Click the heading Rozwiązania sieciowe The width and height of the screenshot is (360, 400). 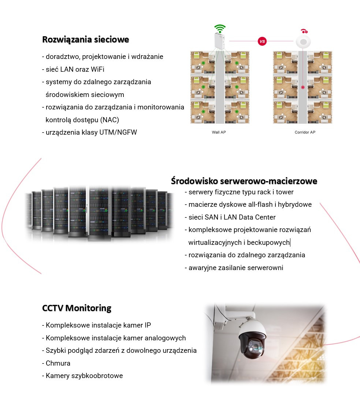[86, 40]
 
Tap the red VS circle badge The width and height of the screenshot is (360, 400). [262, 41]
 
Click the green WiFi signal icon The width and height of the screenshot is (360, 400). [220, 29]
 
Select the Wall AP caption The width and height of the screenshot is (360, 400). [219, 132]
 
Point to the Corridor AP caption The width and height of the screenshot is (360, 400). [305, 132]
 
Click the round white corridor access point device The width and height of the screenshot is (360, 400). [303, 42]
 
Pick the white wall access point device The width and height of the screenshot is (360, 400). [220, 41]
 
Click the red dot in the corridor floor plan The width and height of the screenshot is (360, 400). [303, 87]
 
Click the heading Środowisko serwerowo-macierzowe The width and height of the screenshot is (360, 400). [244, 181]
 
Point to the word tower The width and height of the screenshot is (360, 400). [285, 192]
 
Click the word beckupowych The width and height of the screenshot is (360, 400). [268, 242]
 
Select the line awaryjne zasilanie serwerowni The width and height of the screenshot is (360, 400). [234, 268]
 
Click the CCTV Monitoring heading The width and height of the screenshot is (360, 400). [77, 308]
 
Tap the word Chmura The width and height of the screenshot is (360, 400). [58, 363]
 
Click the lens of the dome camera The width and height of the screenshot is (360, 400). [255, 347]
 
